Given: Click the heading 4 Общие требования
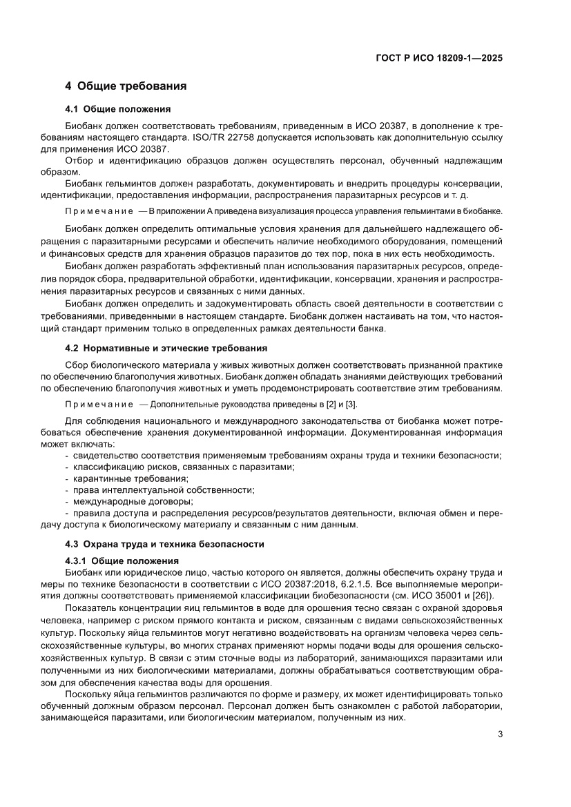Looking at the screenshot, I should [x=126, y=86].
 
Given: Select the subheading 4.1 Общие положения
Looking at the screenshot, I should [x=118, y=110].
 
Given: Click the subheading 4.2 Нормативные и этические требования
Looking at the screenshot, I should [x=166, y=347].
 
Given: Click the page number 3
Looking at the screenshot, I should [x=500, y=734].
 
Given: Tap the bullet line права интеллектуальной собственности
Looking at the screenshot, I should [x=162, y=489].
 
